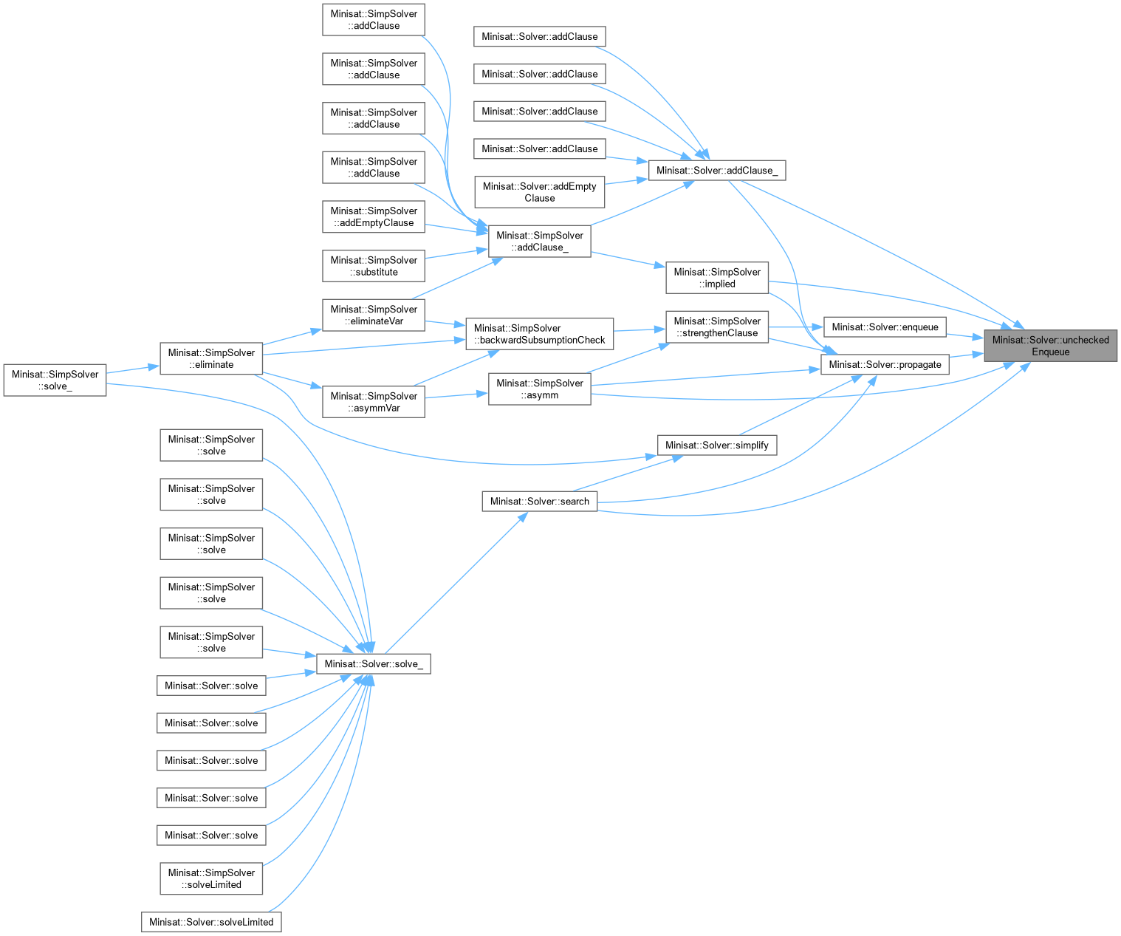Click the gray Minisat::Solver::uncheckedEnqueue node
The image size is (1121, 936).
[x=1050, y=346]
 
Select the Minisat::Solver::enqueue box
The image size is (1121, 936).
[x=885, y=327]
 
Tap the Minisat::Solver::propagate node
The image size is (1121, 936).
[x=885, y=364]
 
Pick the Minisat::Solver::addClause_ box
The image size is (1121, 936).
[x=716, y=170]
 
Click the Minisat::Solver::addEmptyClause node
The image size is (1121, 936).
[x=539, y=192]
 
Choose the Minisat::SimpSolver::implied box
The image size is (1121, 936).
[x=716, y=278]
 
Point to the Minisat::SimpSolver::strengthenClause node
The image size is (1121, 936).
[x=716, y=327]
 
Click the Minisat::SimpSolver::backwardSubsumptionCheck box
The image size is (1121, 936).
[x=539, y=334]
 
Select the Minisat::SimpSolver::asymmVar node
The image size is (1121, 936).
[x=374, y=402]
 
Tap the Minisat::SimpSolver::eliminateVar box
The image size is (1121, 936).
[x=374, y=315]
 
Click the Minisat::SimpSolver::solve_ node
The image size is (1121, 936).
[x=55, y=380]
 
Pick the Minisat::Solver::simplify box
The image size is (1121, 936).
[x=716, y=445]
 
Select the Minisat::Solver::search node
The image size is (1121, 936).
[x=539, y=501]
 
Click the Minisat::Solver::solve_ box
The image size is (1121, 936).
[x=374, y=663]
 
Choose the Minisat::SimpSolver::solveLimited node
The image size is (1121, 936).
[x=211, y=878]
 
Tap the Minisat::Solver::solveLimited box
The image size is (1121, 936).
[x=211, y=922]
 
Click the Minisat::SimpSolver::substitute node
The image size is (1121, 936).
[x=374, y=266]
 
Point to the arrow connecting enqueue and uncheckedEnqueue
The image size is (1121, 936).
[x=964, y=335]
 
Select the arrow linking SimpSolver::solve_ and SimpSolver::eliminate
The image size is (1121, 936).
[x=133, y=369]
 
